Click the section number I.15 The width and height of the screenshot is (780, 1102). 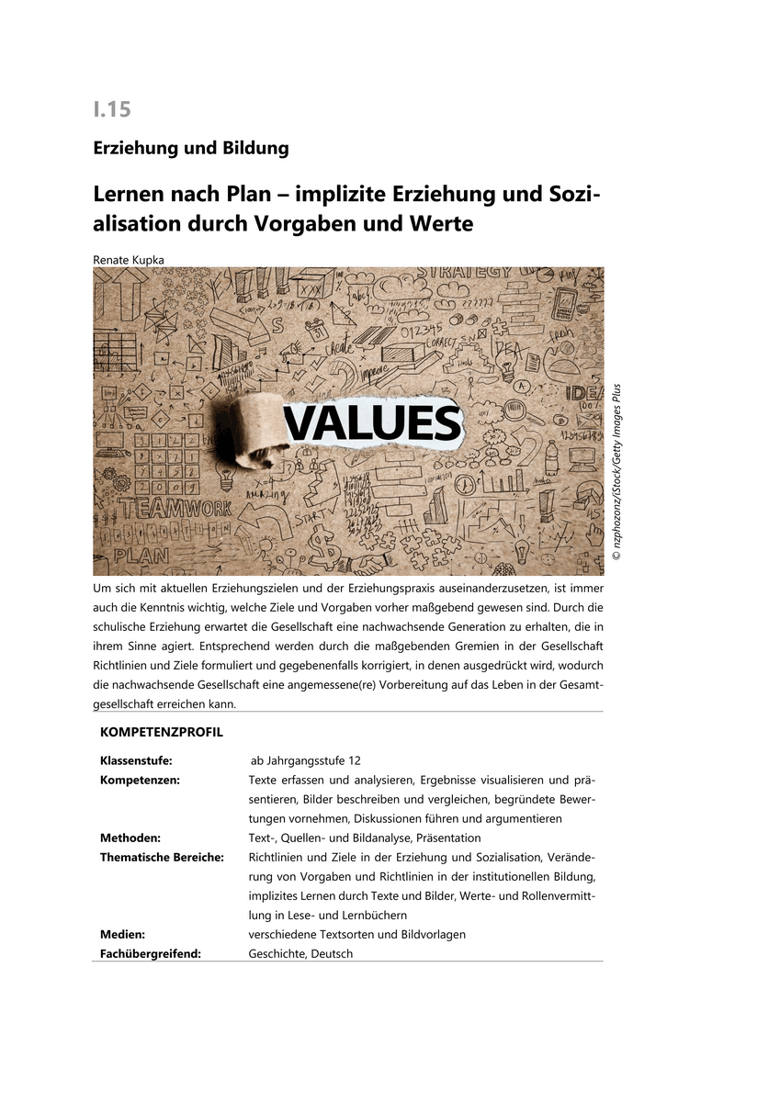pyautogui.click(x=112, y=109)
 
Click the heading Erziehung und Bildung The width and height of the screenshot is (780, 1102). pyautogui.click(x=191, y=148)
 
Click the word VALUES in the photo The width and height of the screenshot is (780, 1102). pyautogui.click(x=371, y=423)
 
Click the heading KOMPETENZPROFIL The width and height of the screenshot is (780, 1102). pyautogui.click(x=161, y=733)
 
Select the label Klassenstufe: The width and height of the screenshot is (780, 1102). pyautogui.click(x=136, y=761)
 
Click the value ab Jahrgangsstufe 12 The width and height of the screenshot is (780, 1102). pyautogui.click(x=306, y=761)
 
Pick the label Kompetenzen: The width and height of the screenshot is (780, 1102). pyautogui.click(x=140, y=781)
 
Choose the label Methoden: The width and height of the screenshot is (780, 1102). pyautogui.click(x=130, y=838)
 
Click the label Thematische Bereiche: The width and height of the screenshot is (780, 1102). pyautogui.click(x=162, y=857)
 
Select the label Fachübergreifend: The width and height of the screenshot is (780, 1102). pyautogui.click(x=151, y=953)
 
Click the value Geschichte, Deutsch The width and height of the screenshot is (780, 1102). pyautogui.click(x=300, y=953)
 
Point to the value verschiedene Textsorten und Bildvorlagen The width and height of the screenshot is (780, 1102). pyautogui.click(x=356, y=934)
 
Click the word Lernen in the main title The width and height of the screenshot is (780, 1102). pyautogui.click(x=129, y=196)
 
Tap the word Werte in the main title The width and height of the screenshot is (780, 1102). pyautogui.click(x=441, y=223)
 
